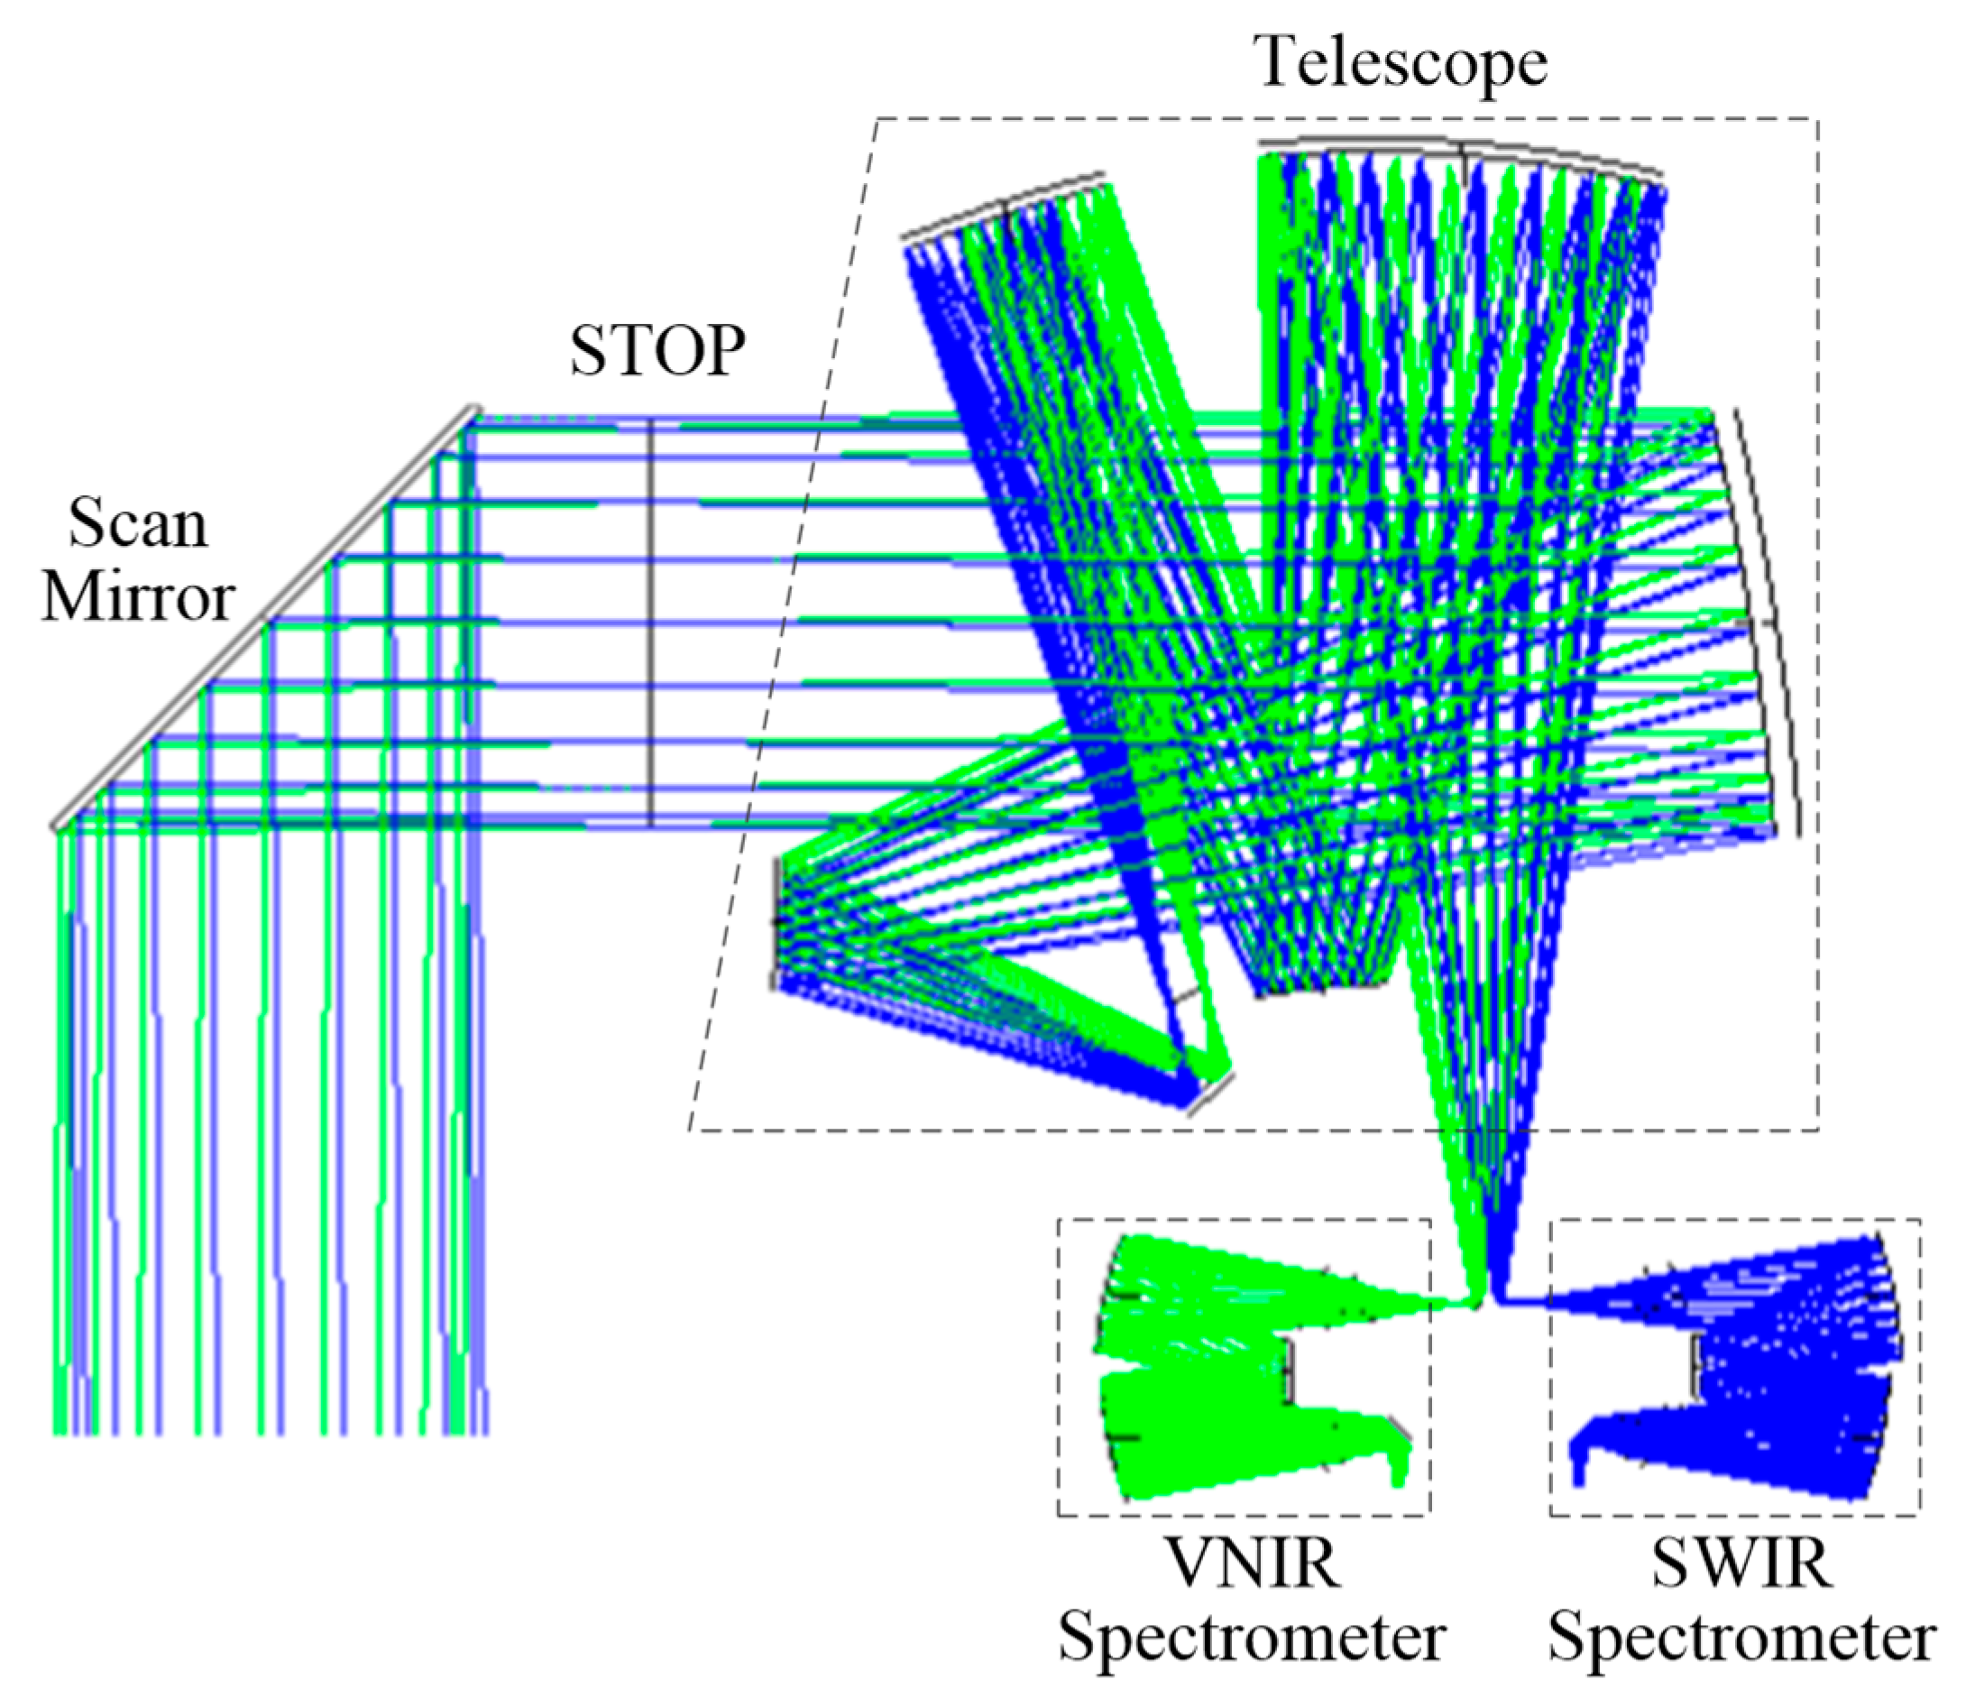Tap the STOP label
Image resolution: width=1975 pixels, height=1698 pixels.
pos(657,351)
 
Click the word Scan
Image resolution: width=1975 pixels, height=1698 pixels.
pos(137,524)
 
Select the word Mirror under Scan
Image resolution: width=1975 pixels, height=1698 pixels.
pos(137,599)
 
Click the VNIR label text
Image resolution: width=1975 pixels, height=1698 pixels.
pos(1253,1564)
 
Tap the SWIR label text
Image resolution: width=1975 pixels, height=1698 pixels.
pos(1741,1564)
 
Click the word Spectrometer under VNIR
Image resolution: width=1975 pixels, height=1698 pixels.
pos(1253,1637)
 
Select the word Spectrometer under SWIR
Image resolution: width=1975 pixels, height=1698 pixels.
pos(1741,1637)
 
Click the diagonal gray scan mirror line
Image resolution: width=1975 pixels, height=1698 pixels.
pos(262,620)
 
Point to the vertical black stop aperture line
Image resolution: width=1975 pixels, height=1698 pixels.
pos(651,620)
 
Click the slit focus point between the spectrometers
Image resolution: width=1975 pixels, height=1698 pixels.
pos(1487,1298)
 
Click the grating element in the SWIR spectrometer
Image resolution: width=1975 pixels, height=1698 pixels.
pos(1696,1369)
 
